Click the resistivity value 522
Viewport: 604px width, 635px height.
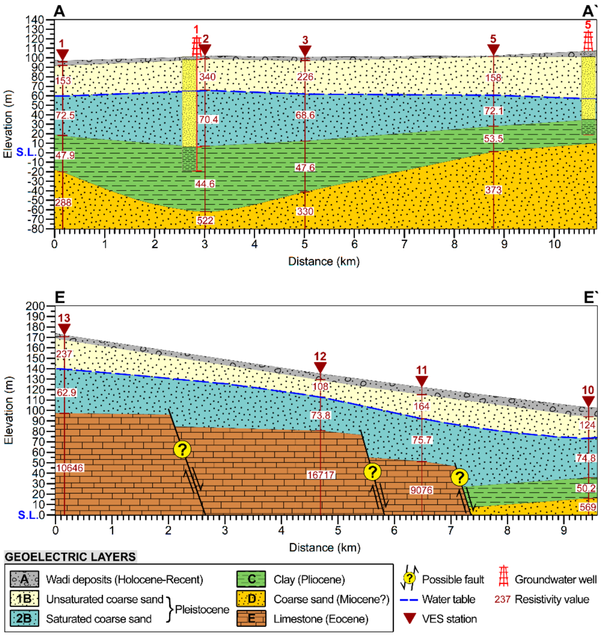click(205, 221)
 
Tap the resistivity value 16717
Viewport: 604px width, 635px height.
click(321, 475)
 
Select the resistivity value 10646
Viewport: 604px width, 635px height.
click(70, 468)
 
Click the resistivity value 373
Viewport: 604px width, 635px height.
click(493, 190)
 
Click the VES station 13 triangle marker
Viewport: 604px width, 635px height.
click(64, 329)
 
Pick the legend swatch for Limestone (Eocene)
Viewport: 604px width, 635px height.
click(251, 619)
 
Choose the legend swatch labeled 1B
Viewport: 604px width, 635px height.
click(24, 599)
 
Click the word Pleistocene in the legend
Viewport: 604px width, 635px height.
click(202, 609)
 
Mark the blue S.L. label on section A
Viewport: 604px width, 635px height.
click(26, 152)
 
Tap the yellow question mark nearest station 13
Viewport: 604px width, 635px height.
click(182, 449)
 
